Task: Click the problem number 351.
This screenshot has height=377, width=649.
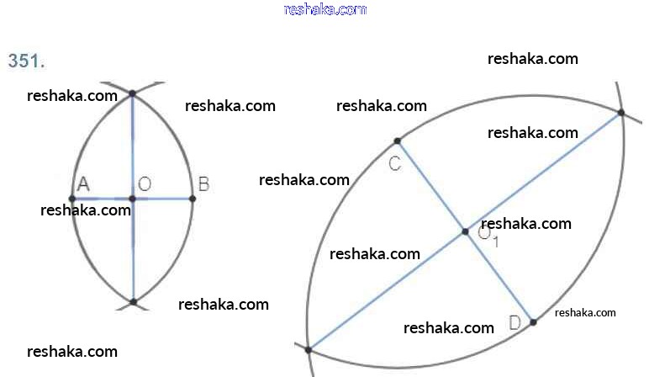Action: [x=26, y=61]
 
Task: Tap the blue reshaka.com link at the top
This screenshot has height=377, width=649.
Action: [x=325, y=9]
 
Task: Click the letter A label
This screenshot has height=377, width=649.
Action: [x=83, y=183]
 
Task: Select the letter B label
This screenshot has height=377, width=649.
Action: [x=203, y=183]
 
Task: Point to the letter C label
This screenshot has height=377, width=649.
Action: [x=394, y=163]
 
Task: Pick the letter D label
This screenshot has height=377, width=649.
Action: [x=514, y=322]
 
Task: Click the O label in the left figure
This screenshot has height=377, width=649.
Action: [x=144, y=183]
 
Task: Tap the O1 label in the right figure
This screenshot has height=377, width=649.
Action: [x=488, y=236]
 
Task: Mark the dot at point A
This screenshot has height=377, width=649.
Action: [x=72, y=199]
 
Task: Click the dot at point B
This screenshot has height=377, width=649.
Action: [x=193, y=199]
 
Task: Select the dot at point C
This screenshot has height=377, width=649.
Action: [x=398, y=141]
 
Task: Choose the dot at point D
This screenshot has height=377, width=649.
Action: [x=533, y=321]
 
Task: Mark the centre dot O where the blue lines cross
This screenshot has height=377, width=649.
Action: [x=133, y=199]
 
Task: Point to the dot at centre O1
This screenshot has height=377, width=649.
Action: [x=465, y=231]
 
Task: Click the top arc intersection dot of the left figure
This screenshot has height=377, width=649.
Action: [x=133, y=94]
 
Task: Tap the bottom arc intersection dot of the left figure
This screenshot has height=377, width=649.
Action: [x=133, y=301]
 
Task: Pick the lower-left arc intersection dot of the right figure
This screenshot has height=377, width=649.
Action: [x=309, y=349]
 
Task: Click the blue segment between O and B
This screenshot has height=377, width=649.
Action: [x=164, y=199]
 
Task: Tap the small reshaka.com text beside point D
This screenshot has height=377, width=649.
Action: [x=585, y=312]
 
